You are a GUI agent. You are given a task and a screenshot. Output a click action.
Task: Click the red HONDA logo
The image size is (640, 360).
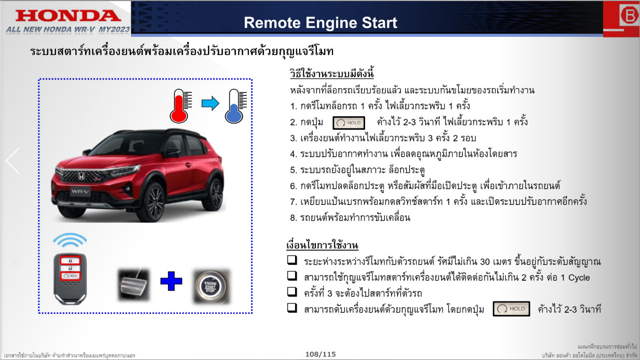coord(68,16)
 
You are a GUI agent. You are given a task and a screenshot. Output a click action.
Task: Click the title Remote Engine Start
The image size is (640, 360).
coord(321,23)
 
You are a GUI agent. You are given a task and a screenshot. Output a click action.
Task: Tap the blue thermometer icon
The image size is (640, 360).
coord(235,106)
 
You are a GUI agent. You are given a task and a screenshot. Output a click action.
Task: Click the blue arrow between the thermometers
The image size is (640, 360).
coord(210,103)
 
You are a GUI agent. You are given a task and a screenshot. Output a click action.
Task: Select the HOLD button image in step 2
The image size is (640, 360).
coord(349,123)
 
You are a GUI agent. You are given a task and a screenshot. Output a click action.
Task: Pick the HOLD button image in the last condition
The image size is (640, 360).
coord(511,309)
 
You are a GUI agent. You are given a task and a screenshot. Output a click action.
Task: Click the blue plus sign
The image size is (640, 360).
coord(171,281)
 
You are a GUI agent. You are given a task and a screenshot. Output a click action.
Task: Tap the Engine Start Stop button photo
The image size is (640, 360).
coord(212,286)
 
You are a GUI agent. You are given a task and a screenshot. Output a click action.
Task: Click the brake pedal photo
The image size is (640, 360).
coord(134,284)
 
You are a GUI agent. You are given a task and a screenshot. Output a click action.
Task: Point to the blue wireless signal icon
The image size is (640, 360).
coord(69,240)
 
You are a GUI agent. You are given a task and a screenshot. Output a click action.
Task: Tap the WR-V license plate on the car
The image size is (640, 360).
coord(80,191)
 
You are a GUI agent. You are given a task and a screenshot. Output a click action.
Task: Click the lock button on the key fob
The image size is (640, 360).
coord(71,260)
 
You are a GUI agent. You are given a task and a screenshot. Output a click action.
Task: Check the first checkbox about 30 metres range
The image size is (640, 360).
coord(292,260)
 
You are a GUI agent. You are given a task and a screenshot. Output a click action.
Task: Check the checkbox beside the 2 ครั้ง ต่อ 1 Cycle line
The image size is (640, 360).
coord(292,276)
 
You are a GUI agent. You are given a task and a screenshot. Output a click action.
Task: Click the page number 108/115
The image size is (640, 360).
coord(321,354)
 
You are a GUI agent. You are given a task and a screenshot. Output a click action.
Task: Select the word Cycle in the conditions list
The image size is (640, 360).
coord(579,278)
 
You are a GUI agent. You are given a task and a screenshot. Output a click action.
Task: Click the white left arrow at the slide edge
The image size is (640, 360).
coord(13,161)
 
